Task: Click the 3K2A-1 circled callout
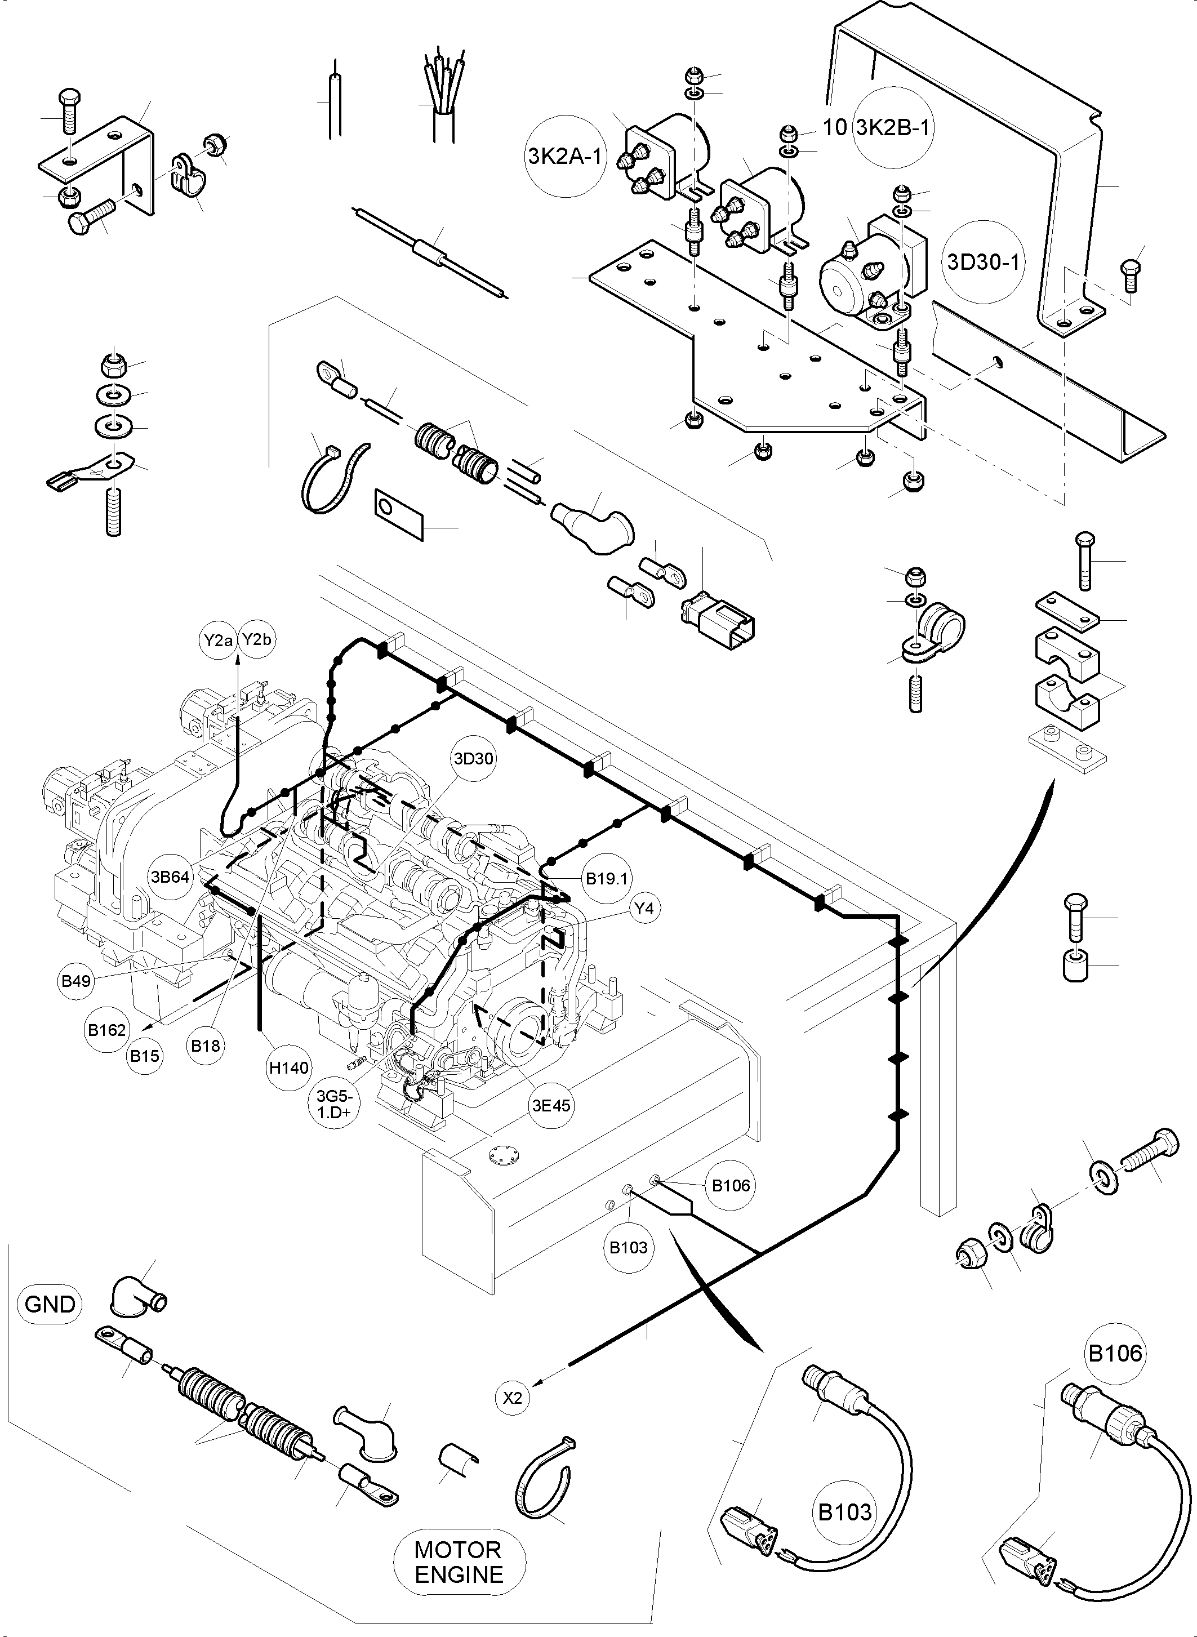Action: (x=564, y=157)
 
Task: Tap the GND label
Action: (x=49, y=1305)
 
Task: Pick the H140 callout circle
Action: (x=288, y=1067)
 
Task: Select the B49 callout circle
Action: (x=76, y=981)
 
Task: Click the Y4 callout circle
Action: (x=643, y=908)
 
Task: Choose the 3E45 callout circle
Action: (x=551, y=1106)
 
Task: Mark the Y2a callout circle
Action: (x=218, y=640)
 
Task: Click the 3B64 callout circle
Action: (x=170, y=877)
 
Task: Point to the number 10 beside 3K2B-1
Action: (x=835, y=127)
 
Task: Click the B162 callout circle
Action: (x=106, y=1030)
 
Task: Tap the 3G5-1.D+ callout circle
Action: (x=333, y=1106)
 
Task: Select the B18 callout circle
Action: (x=205, y=1046)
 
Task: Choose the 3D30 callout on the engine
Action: (x=473, y=759)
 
